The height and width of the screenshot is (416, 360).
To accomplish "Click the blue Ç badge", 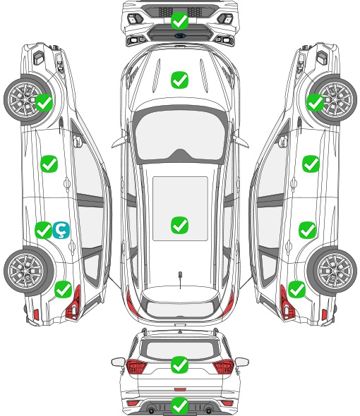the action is point(61,231).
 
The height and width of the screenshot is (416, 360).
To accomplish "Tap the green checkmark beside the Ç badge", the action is point(43,230).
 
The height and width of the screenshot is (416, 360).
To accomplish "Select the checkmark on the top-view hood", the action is point(179,80).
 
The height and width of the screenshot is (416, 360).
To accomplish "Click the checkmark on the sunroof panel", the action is point(179,225).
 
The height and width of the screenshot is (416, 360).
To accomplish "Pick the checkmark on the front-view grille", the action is point(179,20).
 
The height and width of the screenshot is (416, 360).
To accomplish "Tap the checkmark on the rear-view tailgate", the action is point(179,365).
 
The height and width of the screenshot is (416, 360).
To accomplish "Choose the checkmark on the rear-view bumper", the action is point(179,405).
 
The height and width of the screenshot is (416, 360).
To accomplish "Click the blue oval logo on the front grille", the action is point(180,35).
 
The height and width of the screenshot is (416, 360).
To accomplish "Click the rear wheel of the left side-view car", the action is point(28,271).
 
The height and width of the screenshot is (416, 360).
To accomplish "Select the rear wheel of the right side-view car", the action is point(332,271).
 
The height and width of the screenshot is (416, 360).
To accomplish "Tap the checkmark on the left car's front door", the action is point(49,164).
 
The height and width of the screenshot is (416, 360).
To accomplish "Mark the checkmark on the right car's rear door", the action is point(307,230).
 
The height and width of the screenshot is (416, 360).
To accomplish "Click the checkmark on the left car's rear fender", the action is point(63,289).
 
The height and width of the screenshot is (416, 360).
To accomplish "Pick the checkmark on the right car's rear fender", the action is point(296,289).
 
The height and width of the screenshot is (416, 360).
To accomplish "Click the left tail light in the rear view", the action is point(136,366).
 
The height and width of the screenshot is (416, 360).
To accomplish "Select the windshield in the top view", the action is point(180,134).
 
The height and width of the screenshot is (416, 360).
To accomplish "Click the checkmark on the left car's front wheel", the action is point(44,102).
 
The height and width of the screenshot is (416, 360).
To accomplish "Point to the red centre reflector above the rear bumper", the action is point(180,389).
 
